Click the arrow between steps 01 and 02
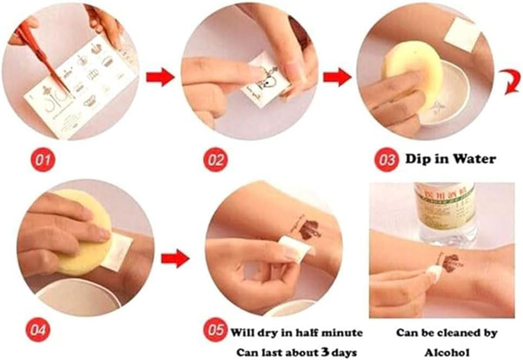click(x=160, y=77)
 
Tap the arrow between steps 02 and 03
click(x=337, y=77)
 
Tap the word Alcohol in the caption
click(x=446, y=351)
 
